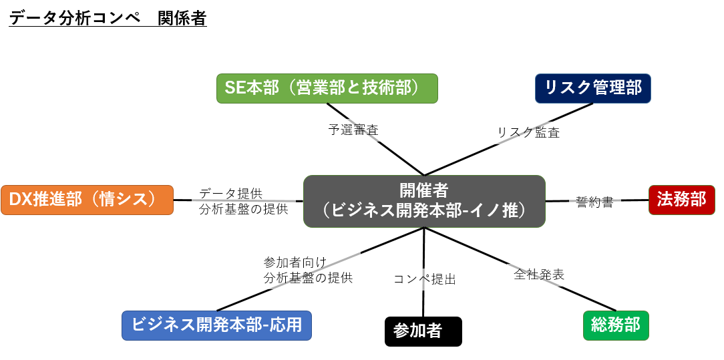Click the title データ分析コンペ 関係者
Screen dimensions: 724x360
point(108,19)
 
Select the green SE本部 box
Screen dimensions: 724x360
point(327,88)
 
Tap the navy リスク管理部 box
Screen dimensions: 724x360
point(593,88)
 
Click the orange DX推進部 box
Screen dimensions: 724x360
point(87,200)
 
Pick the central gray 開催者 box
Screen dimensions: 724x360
point(424,201)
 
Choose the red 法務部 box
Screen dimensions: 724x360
point(681,200)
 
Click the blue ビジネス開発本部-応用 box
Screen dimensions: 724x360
point(216,325)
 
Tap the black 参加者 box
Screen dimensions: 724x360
point(423,331)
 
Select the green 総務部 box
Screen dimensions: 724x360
point(616,325)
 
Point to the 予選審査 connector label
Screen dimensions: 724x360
point(353,130)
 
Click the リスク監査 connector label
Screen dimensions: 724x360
point(528,132)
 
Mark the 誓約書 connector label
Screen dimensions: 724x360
point(594,202)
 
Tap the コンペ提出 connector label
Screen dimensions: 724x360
point(424,279)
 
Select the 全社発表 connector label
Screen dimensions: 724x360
point(539,274)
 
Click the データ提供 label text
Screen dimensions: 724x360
point(231,193)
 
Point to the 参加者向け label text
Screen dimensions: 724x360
point(295,262)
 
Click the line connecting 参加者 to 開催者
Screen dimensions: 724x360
point(424,273)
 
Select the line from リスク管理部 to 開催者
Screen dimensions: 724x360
point(508,140)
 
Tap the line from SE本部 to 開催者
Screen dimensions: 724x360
point(375,140)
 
